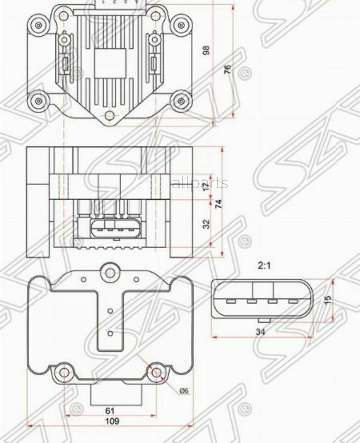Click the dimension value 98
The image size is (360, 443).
point(206,50)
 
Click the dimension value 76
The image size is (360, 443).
point(227,69)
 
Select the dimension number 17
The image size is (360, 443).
point(206,187)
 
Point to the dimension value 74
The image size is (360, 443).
point(218,204)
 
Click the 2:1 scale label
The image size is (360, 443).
point(264,265)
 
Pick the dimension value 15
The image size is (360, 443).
point(328,300)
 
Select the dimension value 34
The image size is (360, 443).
point(260,331)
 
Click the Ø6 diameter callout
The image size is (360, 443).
point(184,391)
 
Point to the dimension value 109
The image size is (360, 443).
point(112,421)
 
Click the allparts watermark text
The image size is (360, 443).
point(200,183)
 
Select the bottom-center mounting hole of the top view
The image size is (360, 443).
point(110,116)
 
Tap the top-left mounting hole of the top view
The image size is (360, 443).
point(38,25)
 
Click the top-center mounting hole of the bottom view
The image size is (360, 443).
point(110,273)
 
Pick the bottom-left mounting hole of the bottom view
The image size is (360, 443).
point(64,373)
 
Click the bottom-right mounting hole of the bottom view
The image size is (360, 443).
point(156,373)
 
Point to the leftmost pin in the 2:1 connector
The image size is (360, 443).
point(231,301)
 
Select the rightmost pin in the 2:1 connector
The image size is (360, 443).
point(293,301)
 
